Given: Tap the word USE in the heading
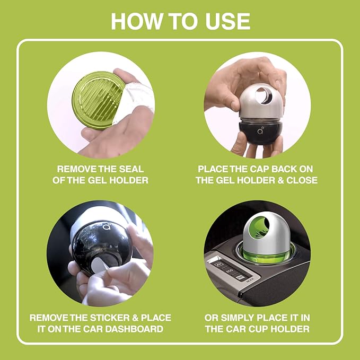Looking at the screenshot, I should coord(226,21).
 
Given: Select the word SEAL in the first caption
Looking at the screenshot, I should coord(130,169).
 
